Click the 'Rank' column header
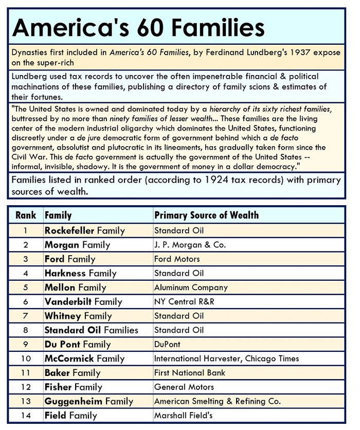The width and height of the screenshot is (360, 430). pyautogui.click(x=26, y=216)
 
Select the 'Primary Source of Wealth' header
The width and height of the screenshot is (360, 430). pyautogui.click(x=206, y=216)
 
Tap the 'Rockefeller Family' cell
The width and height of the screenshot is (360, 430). pyautogui.click(x=84, y=230)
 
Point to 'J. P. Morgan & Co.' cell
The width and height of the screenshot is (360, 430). pyautogui.click(x=190, y=245)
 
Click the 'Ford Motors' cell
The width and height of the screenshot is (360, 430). pyautogui.click(x=177, y=259)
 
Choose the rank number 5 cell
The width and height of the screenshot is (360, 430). pyautogui.click(x=26, y=288)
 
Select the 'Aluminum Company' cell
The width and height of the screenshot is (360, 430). pyautogui.click(x=191, y=288)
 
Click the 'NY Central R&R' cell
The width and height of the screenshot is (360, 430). pyautogui.click(x=185, y=301)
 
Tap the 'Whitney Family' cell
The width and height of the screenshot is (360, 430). pyautogui.click(x=78, y=316)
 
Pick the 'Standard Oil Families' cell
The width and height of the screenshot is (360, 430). pyautogui.click(x=91, y=330)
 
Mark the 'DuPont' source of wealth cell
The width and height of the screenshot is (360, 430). pyautogui.click(x=168, y=344)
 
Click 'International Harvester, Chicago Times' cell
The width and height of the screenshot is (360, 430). pyautogui.click(x=226, y=359)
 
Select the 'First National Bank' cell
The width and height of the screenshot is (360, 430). pyautogui.click(x=190, y=372)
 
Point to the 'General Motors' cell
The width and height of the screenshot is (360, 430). pyautogui.click(x=184, y=387)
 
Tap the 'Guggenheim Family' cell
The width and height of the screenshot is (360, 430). pyautogui.click(x=88, y=401)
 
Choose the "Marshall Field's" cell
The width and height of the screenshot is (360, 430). pyautogui.click(x=183, y=415)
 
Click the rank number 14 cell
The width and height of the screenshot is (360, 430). pyautogui.click(x=26, y=415)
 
